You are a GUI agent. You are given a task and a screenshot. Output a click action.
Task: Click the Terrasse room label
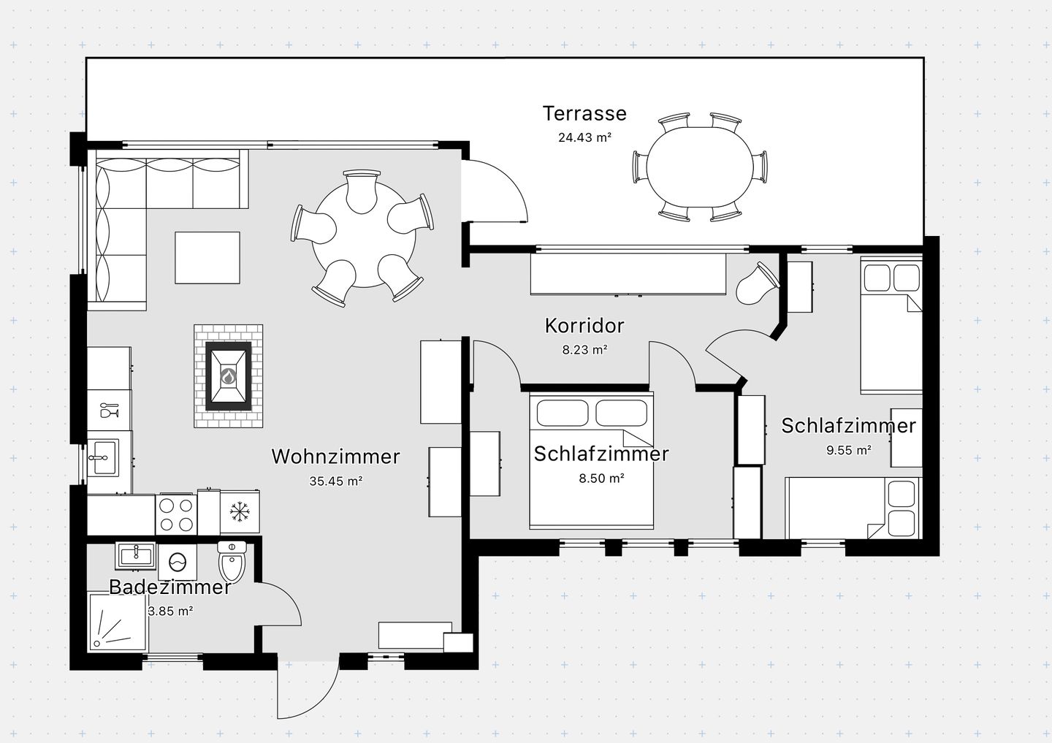pos(584,114)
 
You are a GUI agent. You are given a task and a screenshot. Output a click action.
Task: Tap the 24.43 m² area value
pos(584,137)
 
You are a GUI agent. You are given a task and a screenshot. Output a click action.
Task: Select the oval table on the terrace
pos(700,167)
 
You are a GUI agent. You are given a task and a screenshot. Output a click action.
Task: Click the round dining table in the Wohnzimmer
pos(364,235)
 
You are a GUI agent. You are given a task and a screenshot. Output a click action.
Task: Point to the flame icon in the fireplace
pos(228,376)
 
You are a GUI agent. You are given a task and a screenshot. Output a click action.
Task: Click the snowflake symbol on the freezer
pos(240,511)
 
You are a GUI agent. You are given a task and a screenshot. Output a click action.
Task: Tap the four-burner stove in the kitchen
pos(176,514)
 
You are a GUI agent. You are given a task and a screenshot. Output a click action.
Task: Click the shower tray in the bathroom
pos(118,622)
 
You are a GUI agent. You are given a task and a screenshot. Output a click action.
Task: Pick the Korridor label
pos(584,326)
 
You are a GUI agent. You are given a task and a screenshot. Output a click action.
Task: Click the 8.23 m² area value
pos(585,350)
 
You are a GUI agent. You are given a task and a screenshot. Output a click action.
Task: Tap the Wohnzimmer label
pos(336,457)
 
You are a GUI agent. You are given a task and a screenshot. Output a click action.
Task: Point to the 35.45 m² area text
pos(336,481)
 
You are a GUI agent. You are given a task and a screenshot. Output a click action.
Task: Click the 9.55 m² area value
pos(849,450)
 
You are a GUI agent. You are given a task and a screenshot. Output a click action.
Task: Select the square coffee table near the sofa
pos(207,257)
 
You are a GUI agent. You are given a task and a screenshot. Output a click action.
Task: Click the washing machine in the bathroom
pos(178,562)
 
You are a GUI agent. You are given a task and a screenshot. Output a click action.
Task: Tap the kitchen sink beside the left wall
pos(103,458)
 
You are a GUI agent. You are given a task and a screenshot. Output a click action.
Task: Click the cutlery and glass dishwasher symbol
pos(110,411)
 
